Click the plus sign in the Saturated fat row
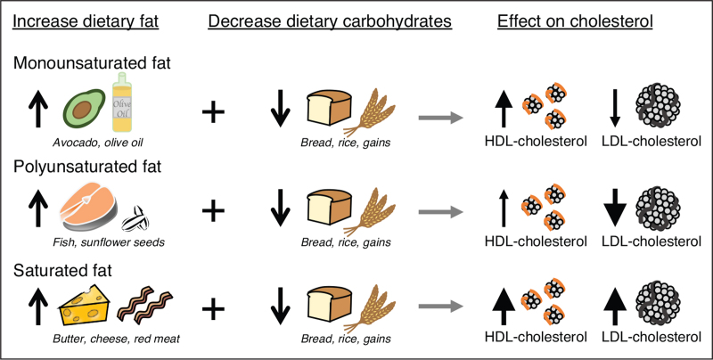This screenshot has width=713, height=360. (x=213, y=308)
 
